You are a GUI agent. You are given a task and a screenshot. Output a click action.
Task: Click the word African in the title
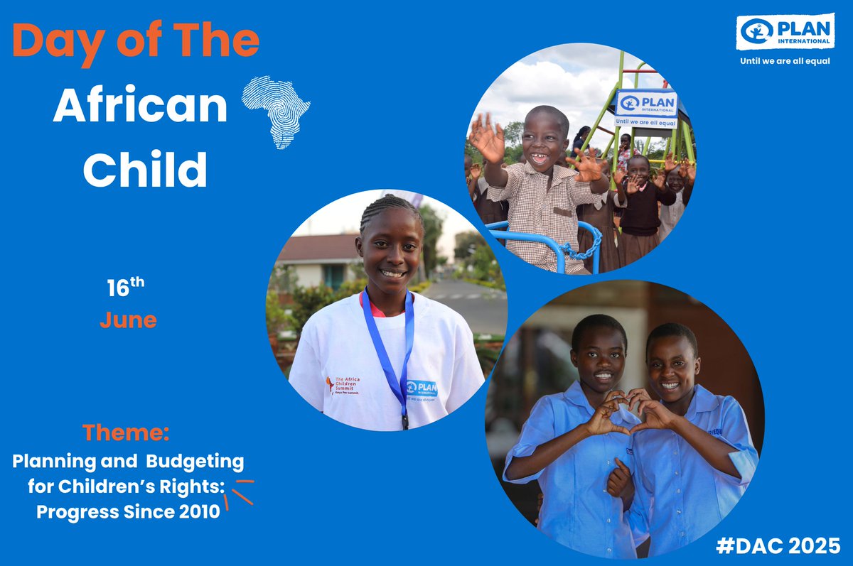[140, 107]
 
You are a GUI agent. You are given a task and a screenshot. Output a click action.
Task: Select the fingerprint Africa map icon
[276, 112]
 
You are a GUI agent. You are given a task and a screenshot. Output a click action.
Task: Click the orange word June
[128, 320]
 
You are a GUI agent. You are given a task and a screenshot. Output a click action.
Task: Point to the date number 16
[117, 289]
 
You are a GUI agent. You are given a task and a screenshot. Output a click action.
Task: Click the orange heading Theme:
[126, 432]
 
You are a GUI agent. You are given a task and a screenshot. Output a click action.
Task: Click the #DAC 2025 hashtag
[778, 545]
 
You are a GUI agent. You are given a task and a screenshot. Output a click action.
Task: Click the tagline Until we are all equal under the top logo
[785, 60]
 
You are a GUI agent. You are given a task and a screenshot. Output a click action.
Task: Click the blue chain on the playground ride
[583, 248]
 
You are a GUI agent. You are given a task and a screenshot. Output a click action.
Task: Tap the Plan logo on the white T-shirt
[422, 388]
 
